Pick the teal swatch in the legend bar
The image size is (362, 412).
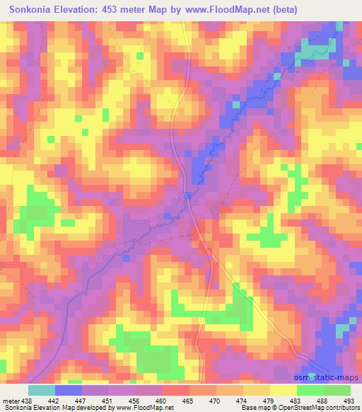click(x=41, y=389)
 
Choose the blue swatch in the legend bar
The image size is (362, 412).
click(x=68, y=389)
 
